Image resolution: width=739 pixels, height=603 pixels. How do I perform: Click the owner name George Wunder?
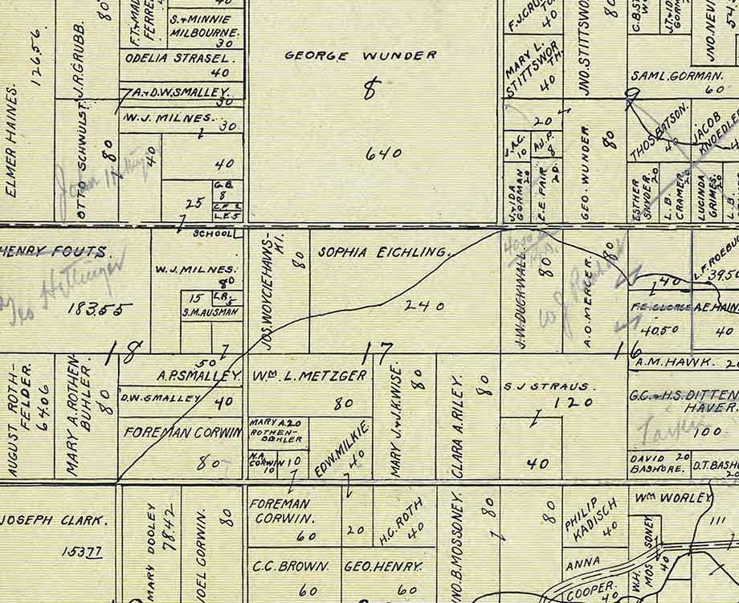click(361, 56)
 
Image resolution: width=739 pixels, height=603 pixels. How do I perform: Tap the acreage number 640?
click(383, 152)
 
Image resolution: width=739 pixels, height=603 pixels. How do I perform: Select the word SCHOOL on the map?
click(213, 234)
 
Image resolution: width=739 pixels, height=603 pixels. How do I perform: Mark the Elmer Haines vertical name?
click(12, 141)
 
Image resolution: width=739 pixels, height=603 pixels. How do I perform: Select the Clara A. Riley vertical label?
click(459, 426)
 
